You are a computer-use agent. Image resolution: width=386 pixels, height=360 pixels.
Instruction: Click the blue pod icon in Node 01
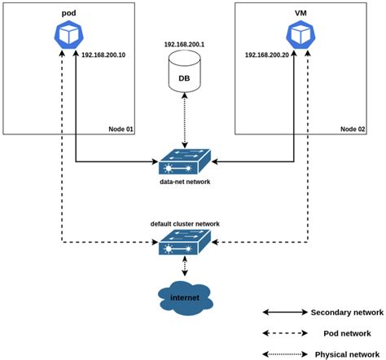68,35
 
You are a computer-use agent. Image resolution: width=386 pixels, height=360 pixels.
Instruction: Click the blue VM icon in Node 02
301,35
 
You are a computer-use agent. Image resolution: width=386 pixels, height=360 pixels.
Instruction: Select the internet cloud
185,299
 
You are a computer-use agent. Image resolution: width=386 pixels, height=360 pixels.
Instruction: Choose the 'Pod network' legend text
339,333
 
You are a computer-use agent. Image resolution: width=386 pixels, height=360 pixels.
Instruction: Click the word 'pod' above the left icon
68,15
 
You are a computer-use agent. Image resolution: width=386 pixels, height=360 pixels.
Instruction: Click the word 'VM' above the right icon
301,15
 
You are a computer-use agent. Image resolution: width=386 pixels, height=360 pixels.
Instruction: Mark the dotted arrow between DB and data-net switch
186,119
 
